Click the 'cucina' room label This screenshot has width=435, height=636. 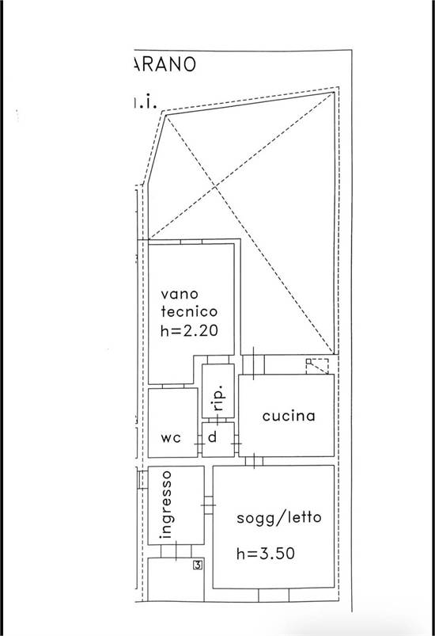point(289,416)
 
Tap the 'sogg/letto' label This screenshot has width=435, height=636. point(279,519)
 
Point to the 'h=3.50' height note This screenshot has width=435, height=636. point(266,554)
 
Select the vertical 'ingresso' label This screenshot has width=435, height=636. point(166,505)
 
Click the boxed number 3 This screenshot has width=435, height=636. point(198,565)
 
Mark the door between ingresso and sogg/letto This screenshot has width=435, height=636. point(208,505)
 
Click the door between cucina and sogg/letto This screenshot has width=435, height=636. point(254,461)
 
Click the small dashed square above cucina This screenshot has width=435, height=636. point(317,367)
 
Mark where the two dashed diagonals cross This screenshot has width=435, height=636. point(216,188)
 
